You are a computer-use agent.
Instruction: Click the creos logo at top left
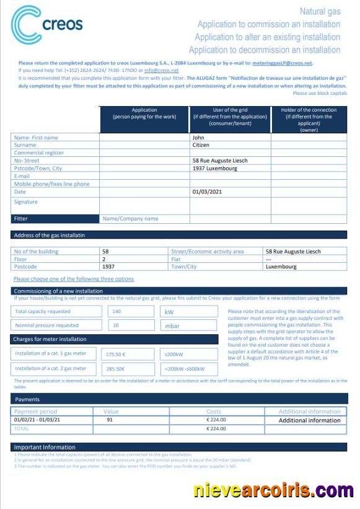[46, 25]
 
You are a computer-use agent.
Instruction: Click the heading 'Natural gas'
[320, 12]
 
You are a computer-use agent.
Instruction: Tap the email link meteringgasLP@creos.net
[283, 63]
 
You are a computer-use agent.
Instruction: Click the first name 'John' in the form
[198, 138]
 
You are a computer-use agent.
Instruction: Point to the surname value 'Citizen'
[201, 145]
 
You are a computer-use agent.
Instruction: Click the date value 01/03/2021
[208, 192]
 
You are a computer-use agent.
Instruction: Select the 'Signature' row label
[26, 202]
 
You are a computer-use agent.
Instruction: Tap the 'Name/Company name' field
[130, 219]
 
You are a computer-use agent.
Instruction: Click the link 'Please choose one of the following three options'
[74, 279]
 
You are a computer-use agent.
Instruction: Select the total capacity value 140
[116, 312]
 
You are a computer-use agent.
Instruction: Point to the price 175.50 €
[116, 355]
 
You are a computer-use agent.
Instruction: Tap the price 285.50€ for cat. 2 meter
[116, 369]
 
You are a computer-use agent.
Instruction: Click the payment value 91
[110, 420]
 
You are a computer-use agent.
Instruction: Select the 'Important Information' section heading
[45, 447]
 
